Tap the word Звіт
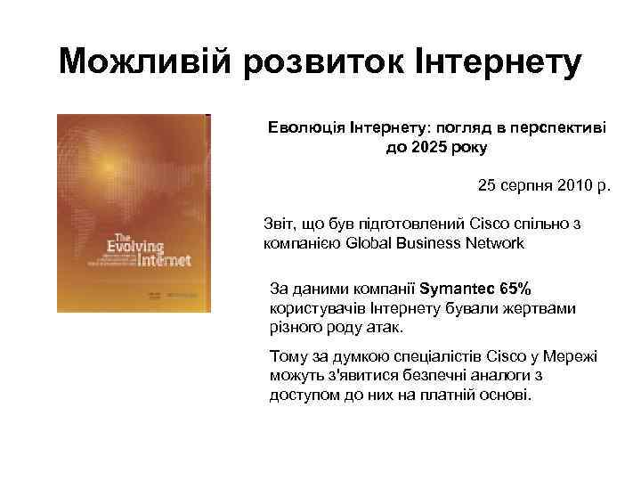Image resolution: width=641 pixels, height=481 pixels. tap(280, 224)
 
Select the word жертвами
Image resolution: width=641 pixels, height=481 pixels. tap(543, 308)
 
